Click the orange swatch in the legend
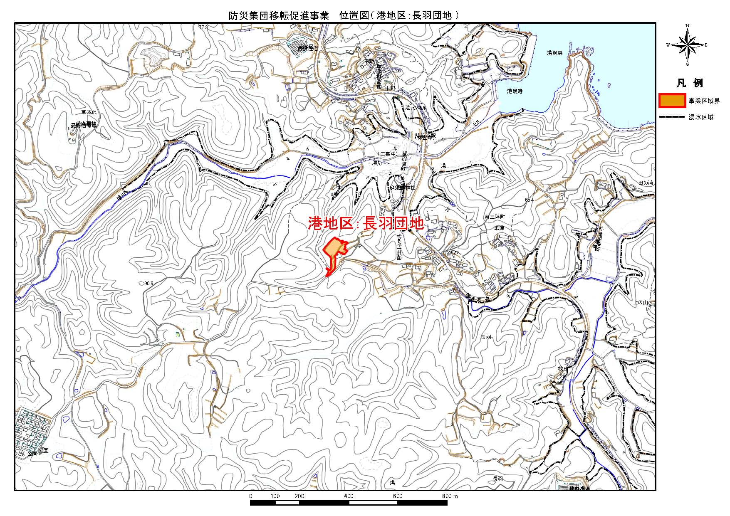point(672,101)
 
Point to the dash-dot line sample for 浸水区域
point(672,117)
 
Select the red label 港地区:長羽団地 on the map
point(366,223)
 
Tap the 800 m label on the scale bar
point(450,496)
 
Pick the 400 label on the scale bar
point(349,496)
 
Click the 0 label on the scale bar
point(250,496)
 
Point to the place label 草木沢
point(89,112)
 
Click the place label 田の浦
point(646,183)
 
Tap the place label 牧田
point(563,369)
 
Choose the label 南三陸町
point(495,217)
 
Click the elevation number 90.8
point(148,283)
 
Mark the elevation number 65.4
point(529,200)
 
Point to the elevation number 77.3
point(203,27)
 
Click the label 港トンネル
point(416,108)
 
